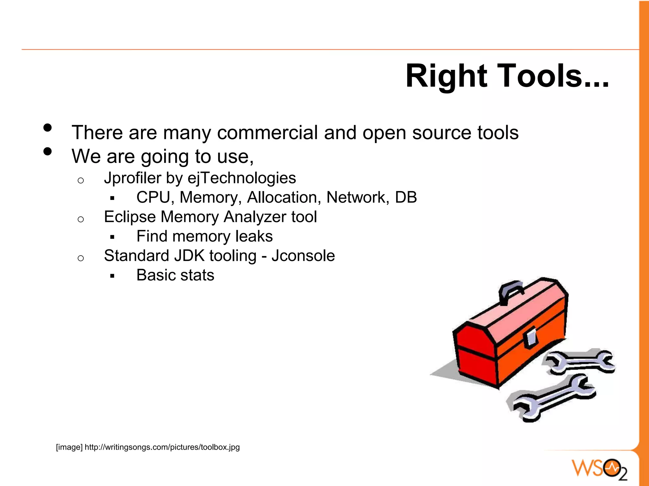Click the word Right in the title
coord(446,77)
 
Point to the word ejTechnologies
coord(242,178)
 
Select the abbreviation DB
coord(406,197)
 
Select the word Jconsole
coord(303,256)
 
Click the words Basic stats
coord(175,275)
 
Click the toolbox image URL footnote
coord(148,447)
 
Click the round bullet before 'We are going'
coord(48,151)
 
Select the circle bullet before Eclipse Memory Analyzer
coord(81,219)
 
